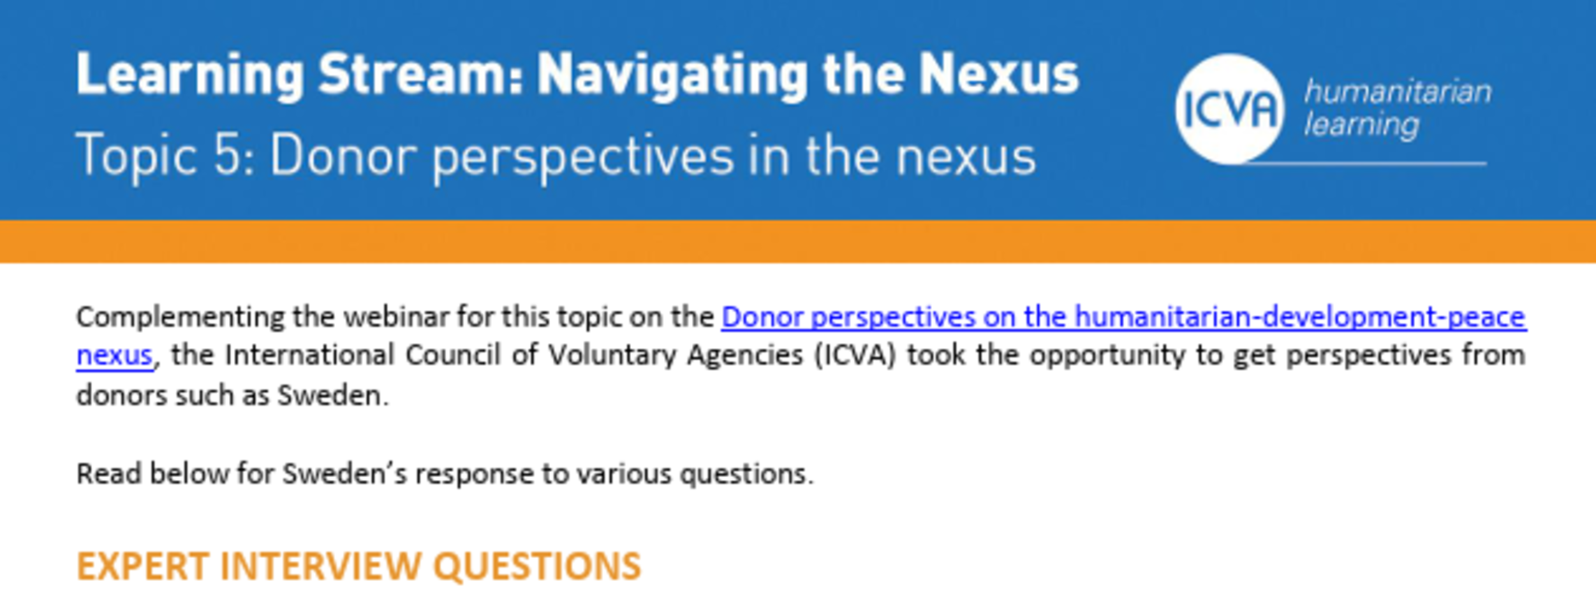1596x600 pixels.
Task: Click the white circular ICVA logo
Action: click(x=1229, y=109)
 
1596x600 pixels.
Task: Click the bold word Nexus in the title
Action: click(x=999, y=74)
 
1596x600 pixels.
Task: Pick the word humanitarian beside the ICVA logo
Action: click(x=1397, y=92)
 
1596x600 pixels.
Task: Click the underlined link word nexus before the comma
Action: click(x=114, y=356)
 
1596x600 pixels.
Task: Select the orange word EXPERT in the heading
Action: click(x=142, y=566)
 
